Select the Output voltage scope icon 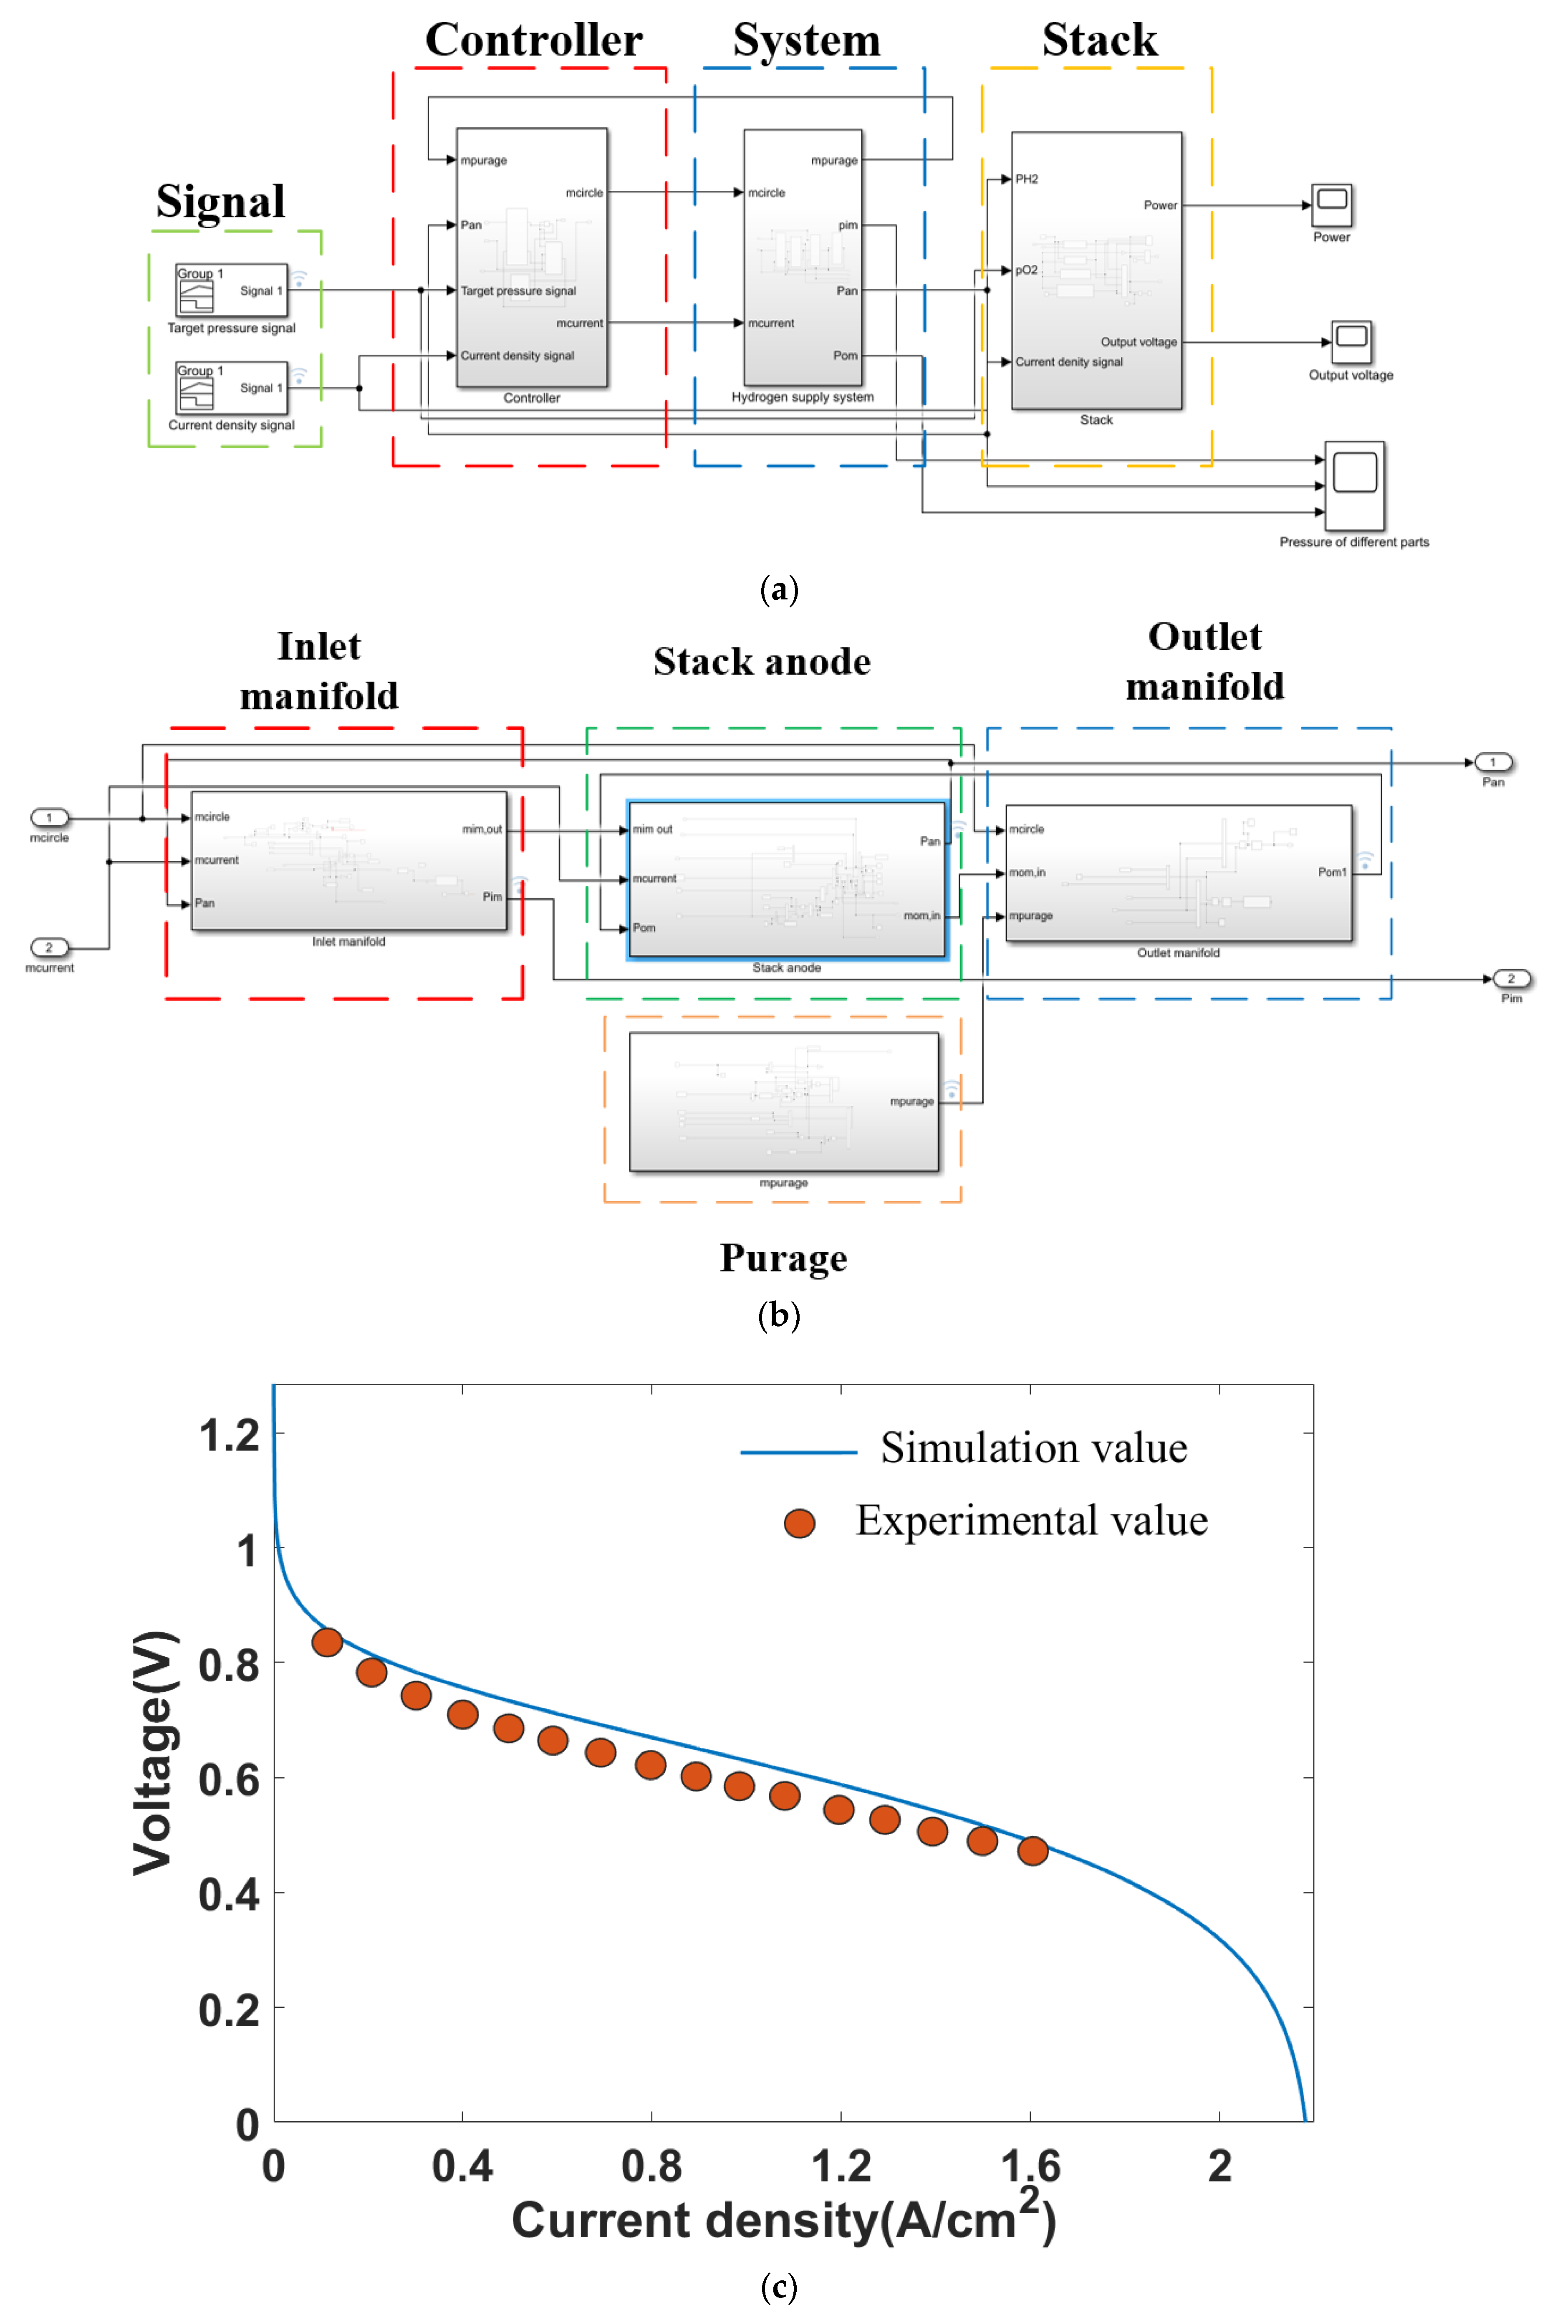point(1351,342)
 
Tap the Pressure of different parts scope point(1354,485)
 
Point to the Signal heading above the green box point(220,202)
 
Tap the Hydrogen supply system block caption point(803,397)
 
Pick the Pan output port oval point(1493,762)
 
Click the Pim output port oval point(1510,978)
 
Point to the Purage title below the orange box point(783,1259)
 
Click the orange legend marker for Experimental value point(799,1523)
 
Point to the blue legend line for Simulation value point(798,1452)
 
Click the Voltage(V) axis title point(155,1753)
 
